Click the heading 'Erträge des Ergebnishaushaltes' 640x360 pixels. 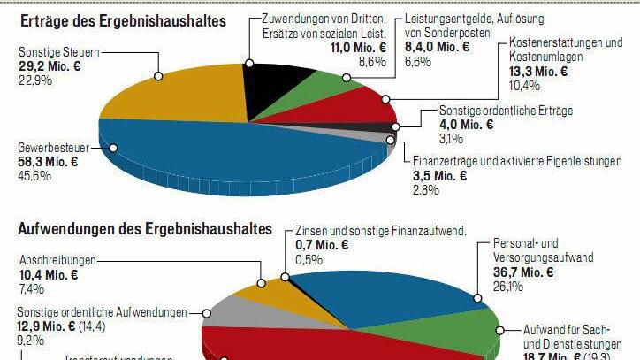(x=121, y=19)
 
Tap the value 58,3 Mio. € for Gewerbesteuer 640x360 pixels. (x=49, y=161)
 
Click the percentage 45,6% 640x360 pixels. (x=34, y=175)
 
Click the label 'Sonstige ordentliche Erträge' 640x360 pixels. (x=507, y=111)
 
